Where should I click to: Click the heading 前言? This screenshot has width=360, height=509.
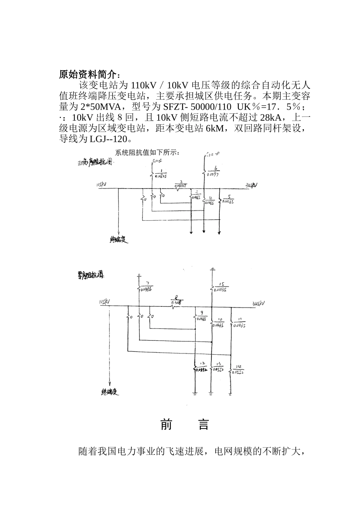[x=185, y=424]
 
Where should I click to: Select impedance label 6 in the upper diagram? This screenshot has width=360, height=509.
[x=215, y=171]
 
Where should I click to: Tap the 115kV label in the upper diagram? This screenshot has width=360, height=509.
[x=102, y=185]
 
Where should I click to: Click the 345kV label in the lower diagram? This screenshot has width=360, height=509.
[x=259, y=303]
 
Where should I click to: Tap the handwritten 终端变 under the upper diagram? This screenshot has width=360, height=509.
[x=119, y=239]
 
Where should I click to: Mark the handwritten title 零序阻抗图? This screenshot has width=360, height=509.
[x=89, y=276]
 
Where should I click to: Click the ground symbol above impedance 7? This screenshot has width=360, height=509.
[x=139, y=274]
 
